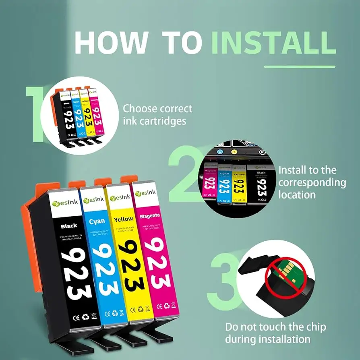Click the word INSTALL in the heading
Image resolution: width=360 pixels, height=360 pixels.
click(x=273, y=41)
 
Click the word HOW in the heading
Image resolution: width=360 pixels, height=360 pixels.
click(x=111, y=41)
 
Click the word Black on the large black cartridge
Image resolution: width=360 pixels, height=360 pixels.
click(x=69, y=226)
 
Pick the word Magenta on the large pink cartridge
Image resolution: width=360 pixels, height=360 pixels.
click(x=150, y=216)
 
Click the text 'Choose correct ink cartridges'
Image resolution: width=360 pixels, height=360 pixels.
click(x=157, y=114)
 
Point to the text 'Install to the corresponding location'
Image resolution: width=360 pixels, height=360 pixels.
click(x=312, y=182)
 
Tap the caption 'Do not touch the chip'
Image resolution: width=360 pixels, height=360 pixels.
click(x=275, y=327)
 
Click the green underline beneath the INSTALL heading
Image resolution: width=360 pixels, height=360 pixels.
click(x=299, y=66)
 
